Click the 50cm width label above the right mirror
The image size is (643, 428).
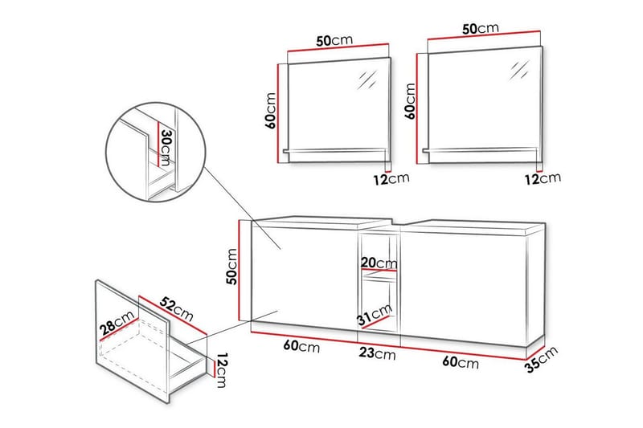click(x=480, y=29)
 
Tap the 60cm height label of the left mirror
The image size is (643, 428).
click(x=271, y=110)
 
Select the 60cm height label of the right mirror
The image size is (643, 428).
click(x=410, y=99)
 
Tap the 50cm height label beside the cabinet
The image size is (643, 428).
click(x=231, y=267)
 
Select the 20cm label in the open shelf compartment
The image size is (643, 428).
click(x=378, y=263)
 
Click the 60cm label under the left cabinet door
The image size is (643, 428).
click(x=303, y=348)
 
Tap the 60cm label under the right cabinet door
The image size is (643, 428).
click(x=461, y=361)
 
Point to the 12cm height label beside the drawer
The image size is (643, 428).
click(x=221, y=370)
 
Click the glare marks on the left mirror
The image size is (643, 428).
click(x=368, y=79)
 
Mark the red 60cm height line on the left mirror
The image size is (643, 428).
click(x=278, y=112)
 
